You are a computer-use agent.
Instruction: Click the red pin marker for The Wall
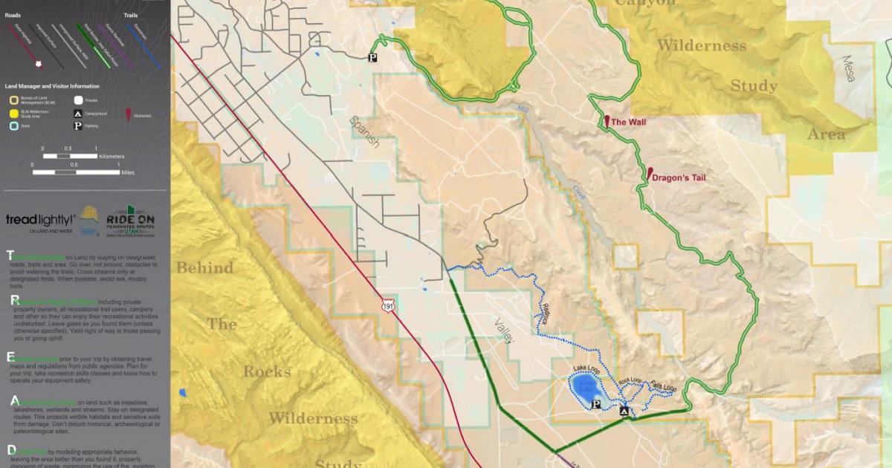tap(607, 121)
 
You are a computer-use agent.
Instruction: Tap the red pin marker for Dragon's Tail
tap(650, 174)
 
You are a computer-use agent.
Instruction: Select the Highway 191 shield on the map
tap(387, 305)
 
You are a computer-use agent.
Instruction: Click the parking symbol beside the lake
tap(595, 405)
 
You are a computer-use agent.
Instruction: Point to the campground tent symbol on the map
tap(624, 411)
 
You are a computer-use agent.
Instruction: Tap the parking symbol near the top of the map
tap(373, 56)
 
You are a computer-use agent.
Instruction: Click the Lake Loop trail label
tap(586, 369)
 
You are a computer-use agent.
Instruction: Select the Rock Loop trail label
tap(630, 380)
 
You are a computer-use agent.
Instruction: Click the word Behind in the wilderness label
tap(205, 268)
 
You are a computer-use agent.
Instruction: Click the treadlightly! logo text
tap(40, 220)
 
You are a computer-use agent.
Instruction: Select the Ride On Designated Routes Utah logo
tap(130, 222)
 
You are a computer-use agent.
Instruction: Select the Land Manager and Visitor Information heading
tap(51, 86)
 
